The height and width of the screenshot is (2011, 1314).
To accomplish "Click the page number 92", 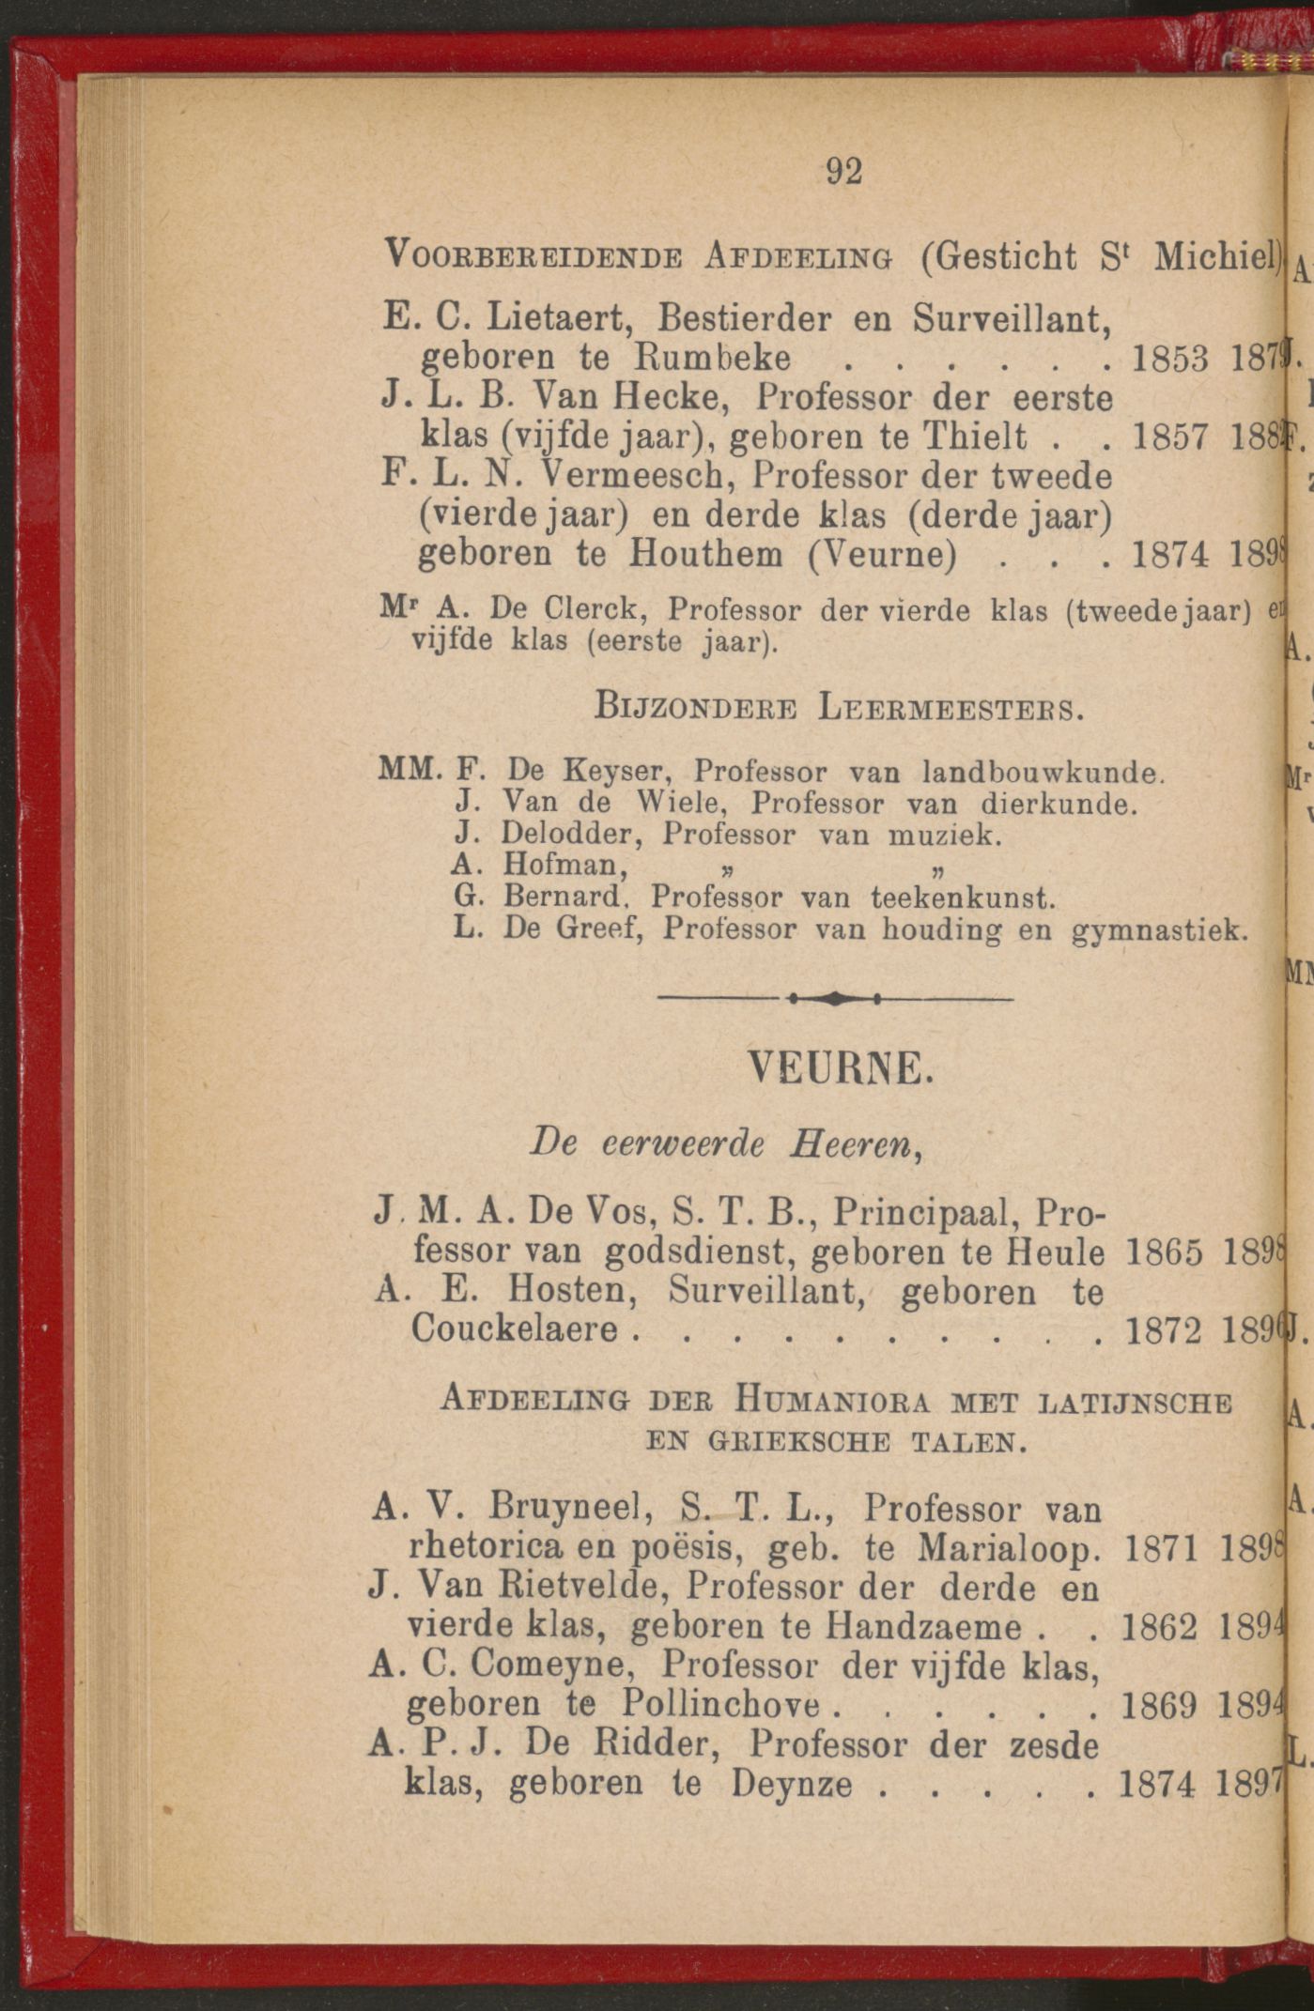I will point(843,171).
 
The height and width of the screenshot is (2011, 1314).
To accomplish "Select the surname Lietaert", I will point(558,319).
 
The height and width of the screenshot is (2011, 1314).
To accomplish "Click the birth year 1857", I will point(1170,438).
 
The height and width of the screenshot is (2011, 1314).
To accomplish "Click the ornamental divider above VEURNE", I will point(835,999).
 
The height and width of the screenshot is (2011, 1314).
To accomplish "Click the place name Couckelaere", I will point(515,1329).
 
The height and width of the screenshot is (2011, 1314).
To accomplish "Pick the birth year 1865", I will point(1163,1252).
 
